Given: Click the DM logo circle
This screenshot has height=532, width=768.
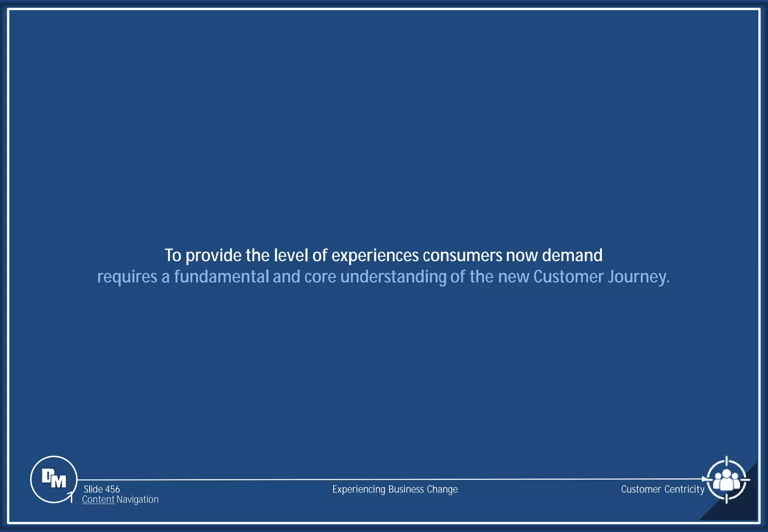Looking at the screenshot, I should point(54,479).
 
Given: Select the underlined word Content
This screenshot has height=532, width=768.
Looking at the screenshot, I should point(98,499).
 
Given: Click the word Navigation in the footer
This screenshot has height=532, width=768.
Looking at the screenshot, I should point(138,499).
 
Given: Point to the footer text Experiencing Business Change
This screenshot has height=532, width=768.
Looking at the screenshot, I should point(395,489).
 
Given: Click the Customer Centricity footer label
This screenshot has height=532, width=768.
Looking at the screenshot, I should point(663,489).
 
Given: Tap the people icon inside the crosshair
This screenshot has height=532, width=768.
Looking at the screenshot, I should point(726,480).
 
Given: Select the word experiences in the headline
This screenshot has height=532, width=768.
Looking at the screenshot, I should point(375,256).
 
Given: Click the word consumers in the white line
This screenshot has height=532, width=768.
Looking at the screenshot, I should point(462,256).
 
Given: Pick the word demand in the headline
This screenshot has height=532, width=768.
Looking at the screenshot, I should point(572,256).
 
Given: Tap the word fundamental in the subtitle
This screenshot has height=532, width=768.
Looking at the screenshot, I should point(221,277).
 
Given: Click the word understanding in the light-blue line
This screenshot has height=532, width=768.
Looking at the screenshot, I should point(393,277).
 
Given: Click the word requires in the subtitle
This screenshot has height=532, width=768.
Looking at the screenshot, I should point(127,277).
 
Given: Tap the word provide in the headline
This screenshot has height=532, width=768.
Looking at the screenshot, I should point(214,256).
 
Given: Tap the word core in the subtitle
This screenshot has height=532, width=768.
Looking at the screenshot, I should point(320,277).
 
